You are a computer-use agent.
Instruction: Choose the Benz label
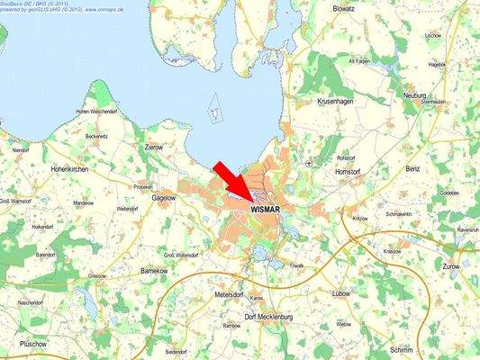(413, 168)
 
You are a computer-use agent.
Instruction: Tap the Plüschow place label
(33, 344)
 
